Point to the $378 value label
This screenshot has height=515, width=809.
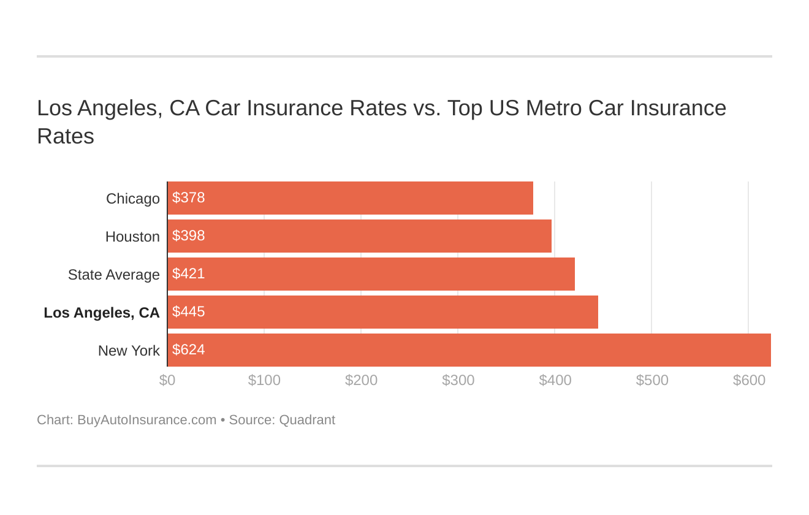coord(188,198)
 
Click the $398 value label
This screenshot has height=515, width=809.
coord(188,236)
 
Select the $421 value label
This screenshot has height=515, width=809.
coord(188,274)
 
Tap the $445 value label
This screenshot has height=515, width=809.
coord(188,312)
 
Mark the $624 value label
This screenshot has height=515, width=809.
coord(188,350)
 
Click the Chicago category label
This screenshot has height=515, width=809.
coord(132,199)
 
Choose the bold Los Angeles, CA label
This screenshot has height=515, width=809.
coord(102,313)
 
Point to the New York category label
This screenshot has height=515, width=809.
coord(129,351)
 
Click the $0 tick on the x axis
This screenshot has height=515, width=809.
coord(167,380)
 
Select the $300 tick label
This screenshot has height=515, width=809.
coord(458,380)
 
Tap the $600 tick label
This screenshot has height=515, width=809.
coord(749,380)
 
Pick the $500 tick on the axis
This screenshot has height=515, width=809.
coord(652,380)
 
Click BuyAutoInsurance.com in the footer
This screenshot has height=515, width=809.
coord(146,420)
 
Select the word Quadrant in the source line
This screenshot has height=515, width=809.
coord(307,420)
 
